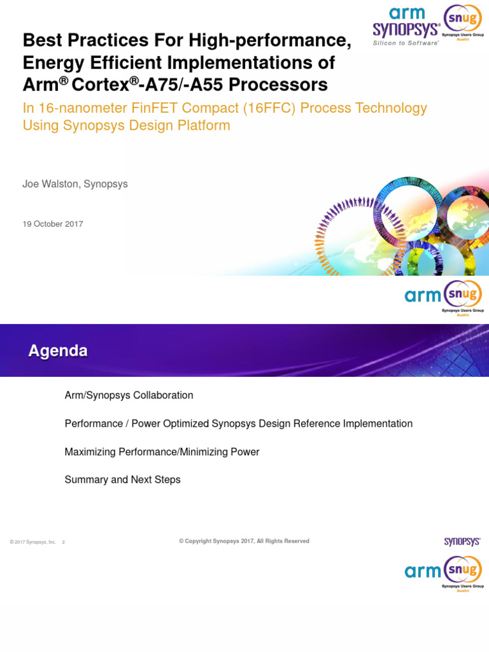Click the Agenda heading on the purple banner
58,351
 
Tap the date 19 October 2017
53,224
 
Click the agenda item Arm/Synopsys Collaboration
129,395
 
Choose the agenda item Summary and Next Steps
122,479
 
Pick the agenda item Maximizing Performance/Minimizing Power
162,451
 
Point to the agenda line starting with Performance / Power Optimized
238,423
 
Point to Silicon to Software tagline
406,43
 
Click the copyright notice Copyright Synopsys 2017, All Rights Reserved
244,541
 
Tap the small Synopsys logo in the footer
462,542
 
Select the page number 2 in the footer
64,542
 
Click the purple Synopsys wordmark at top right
406,30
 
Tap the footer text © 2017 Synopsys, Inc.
33,542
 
